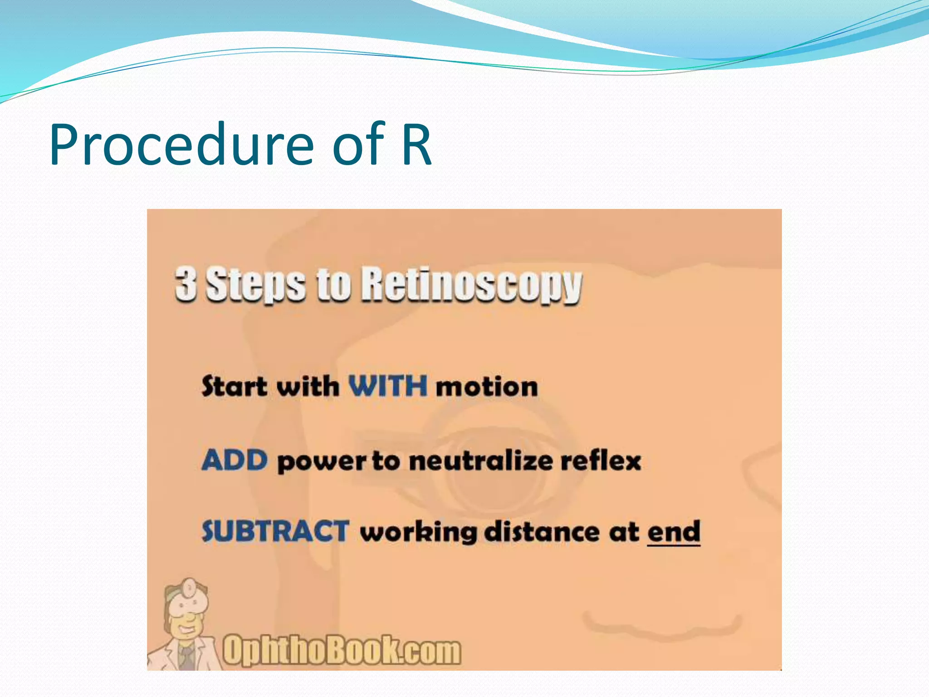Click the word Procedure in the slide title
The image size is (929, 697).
pyautogui.click(x=181, y=145)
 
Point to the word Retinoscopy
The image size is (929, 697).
pyautogui.click(x=471, y=285)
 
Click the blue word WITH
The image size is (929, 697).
pyautogui.click(x=387, y=386)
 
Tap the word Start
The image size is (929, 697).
pyautogui.click(x=234, y=387)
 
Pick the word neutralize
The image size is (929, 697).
pyautogui.click(x=480, y=461)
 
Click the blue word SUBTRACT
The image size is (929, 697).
pyautogui.click(x=275, y=531)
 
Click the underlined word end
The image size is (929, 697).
pyautogui.click(x=674, y=531)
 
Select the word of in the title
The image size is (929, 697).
pyautogui.click(x=358, y=145)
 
